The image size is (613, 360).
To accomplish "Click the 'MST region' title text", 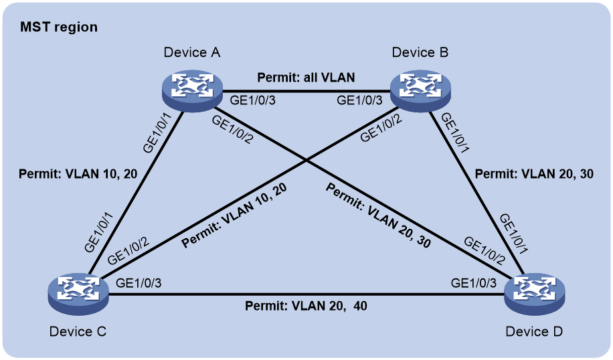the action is (59, 27).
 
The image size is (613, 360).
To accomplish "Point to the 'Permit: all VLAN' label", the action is (306, 78).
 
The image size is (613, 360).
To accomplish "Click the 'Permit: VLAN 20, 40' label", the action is (306, 305).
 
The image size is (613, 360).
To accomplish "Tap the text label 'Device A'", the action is (192, 52).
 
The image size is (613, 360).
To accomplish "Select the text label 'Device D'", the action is (534, 331).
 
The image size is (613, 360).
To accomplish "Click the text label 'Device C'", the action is (78, 331).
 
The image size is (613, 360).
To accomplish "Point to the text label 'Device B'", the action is (420, 52).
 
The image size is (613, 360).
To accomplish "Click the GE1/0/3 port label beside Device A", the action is (252, 100).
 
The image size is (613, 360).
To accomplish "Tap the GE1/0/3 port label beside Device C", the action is (139, 283).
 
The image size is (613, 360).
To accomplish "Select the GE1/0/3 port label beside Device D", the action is (474, 283).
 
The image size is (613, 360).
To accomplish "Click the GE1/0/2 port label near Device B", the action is (381, 128).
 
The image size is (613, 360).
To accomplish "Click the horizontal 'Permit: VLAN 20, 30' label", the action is (534, 173).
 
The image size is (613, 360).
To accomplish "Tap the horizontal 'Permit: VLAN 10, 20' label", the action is (78, 173).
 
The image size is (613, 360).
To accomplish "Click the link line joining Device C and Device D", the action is (306, 294).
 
